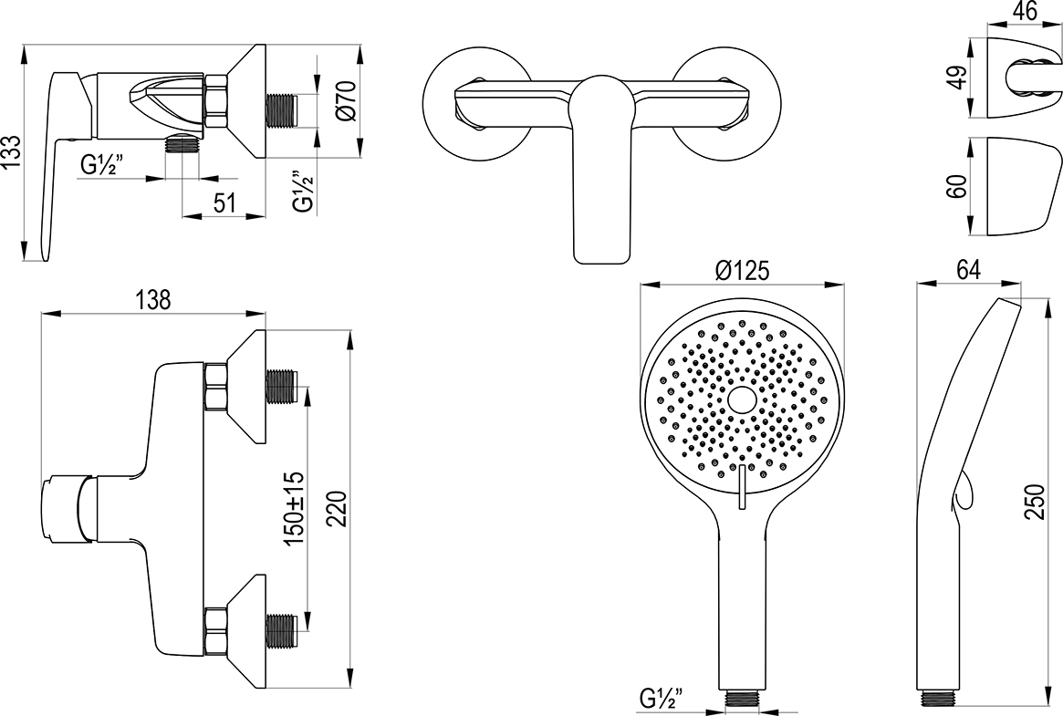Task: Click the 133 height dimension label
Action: tap(12, 154)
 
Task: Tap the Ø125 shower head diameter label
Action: tap(743, 271)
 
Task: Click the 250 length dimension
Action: tap(1036, 502)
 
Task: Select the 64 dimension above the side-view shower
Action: tap(968, 269)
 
